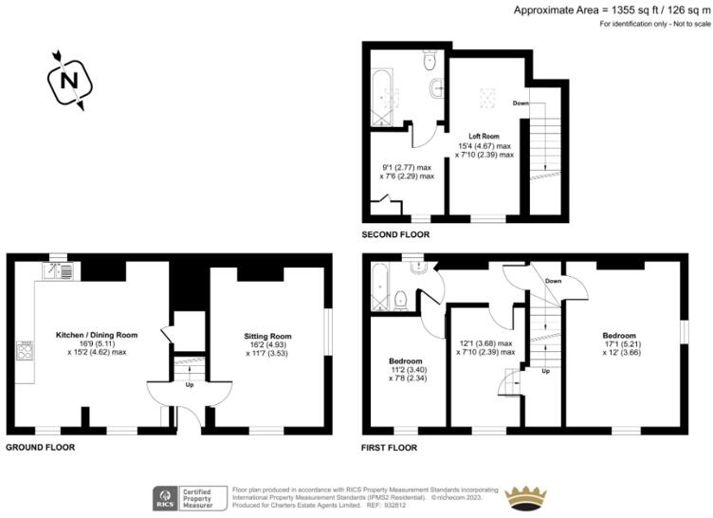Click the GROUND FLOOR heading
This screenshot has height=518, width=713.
(x=40, y=446)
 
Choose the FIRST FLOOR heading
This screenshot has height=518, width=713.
(x=390, y=446)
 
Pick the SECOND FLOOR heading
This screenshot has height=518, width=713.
(x=395, y=233)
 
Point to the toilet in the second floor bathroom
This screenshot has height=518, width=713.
(x=431, y=61)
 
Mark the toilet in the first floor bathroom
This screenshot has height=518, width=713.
(x=401, y=301)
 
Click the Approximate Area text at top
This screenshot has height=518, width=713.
(x=611, y=9)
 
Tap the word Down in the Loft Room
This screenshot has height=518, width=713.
(x=521, y=102)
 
